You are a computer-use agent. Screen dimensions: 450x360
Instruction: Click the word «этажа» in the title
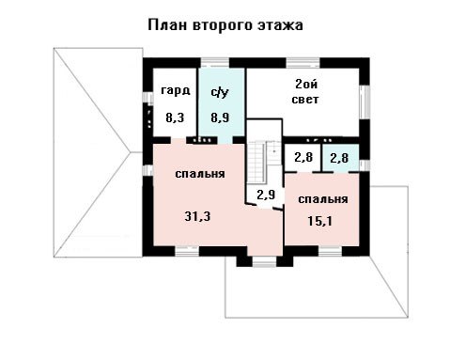click(280, 24)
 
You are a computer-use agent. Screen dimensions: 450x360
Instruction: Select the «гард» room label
click(176, 91)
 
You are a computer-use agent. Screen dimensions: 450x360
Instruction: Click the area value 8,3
click(175, 117)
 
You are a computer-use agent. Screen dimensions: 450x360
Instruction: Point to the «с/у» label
click(220, 92)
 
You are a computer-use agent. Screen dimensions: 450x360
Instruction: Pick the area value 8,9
click(220, 117)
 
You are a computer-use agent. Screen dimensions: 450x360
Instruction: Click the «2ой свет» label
click(305, 92)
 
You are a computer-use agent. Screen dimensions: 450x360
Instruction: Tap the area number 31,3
click(197, 216)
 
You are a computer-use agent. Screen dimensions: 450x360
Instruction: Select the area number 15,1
click(319, 221)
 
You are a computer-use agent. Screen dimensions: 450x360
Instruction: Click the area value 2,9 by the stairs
click(266, 195)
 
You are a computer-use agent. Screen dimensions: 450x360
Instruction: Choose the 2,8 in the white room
click(303, 157)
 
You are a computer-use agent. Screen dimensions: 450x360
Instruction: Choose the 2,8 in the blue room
click(339, 158)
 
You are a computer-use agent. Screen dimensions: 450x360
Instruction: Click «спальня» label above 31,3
click(200, 174)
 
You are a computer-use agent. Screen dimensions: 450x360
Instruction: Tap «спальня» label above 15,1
click(323, 199)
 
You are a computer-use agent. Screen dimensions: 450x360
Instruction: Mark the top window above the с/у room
click(215, 63)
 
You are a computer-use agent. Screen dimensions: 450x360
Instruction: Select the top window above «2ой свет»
click(303, 63)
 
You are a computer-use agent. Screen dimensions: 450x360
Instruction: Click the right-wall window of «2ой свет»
click(365, 102)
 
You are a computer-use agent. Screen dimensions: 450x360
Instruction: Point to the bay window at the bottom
click(264, 262)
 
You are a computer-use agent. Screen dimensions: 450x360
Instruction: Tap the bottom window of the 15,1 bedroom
click(330, 252)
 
